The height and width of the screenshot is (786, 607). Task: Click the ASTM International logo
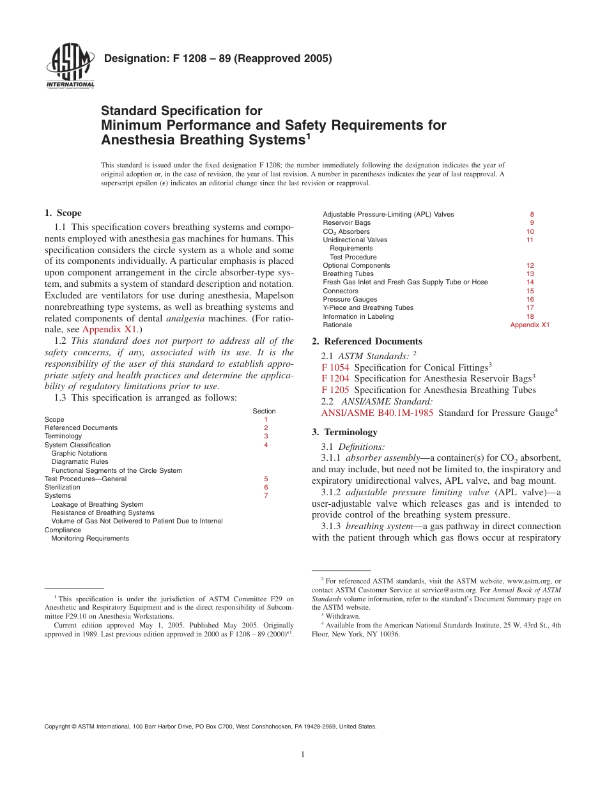tap(70, 66)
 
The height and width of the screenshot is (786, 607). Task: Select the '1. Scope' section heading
tap(63, 213)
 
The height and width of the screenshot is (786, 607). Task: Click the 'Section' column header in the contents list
tap(264, 411)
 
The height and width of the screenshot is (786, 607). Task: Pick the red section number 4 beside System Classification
tap(266, 445)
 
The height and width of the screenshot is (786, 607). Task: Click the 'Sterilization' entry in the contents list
tap(62, 487)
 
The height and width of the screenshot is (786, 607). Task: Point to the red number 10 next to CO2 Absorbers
tap(530, 231)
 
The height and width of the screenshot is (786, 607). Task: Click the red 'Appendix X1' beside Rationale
tap(530, 325)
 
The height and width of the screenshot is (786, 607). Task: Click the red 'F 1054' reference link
tap(335, 367)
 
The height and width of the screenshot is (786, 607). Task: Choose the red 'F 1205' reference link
tap(335, 390)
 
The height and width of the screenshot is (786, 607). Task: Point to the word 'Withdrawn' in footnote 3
tap(343, 616)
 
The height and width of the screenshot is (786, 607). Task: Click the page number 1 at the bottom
tap(303, 755)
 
